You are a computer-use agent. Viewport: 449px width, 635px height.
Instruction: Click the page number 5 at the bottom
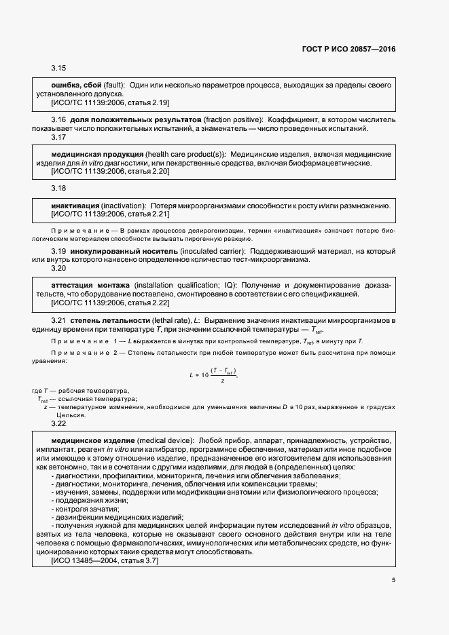pyautogui.click(x=393, y=579)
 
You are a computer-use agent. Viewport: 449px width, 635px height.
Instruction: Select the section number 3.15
pyautogui.click(x=58, y=69)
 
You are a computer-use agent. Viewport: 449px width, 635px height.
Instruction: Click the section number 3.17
pyautogui.click(x=58, y=137)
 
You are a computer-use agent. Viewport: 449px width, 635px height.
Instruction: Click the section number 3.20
pyautogui.click(x=58, y=269)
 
